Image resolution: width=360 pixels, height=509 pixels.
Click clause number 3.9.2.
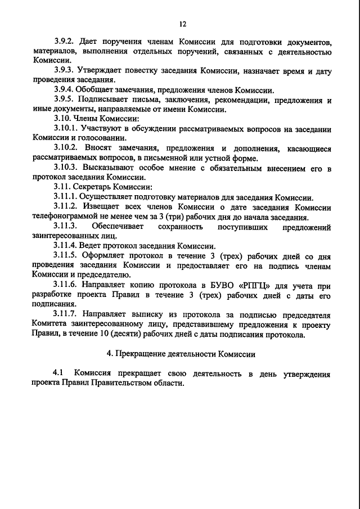pos(65,42)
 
